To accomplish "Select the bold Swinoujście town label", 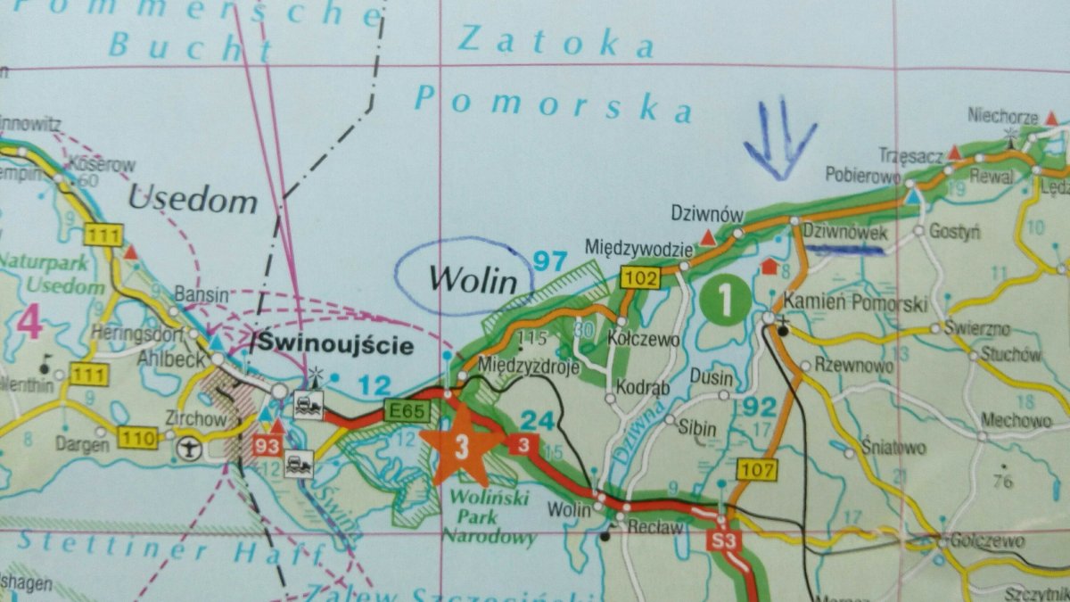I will (336, 344).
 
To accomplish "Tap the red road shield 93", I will (267, 444).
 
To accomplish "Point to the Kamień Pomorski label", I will (855, 304).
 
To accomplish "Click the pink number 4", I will (29, 323).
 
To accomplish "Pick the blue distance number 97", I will (550, 260).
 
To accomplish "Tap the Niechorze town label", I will (1000, 116).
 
